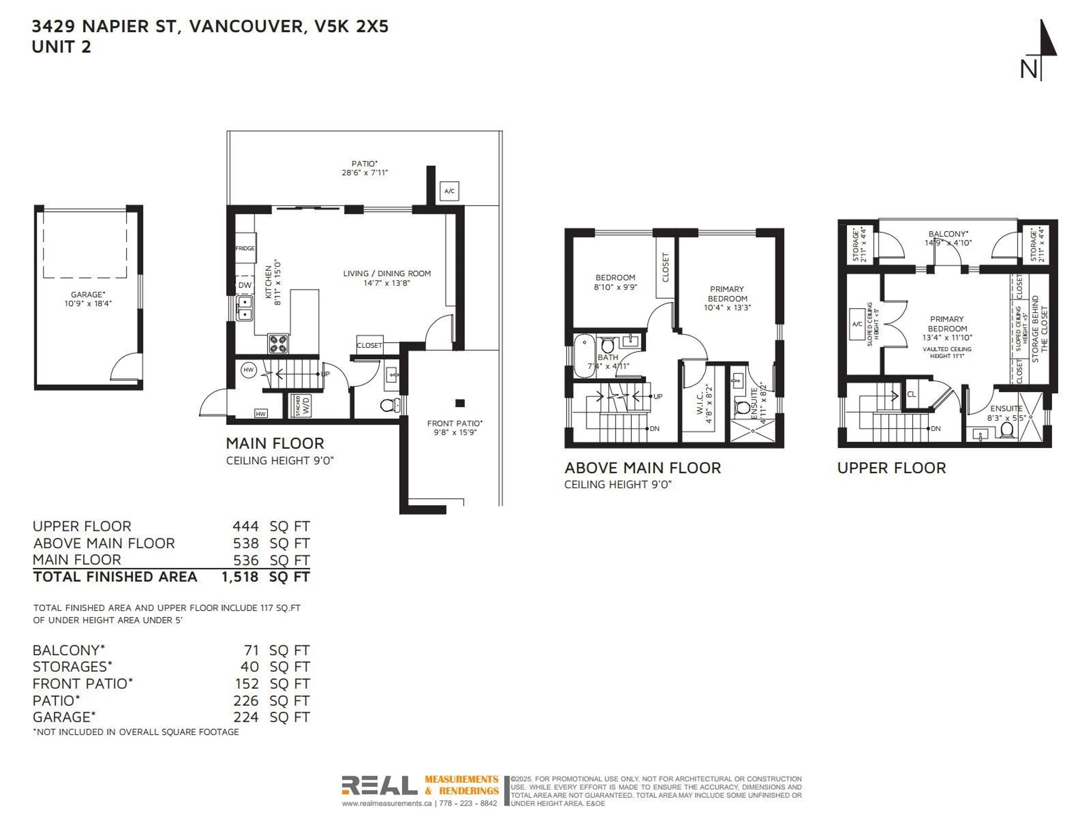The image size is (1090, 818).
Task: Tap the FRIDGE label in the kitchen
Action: [245, 248]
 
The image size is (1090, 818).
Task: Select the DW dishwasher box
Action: [245, 285]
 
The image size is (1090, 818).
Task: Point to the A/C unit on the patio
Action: [449, 191]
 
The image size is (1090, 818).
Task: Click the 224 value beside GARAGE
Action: [246, 717]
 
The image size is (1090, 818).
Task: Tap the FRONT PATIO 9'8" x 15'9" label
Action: [454, 427]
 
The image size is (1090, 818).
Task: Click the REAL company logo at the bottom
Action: [380, 785]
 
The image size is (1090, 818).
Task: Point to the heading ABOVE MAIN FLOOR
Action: [642, 468]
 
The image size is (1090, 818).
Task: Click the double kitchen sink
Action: [244, 308]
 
